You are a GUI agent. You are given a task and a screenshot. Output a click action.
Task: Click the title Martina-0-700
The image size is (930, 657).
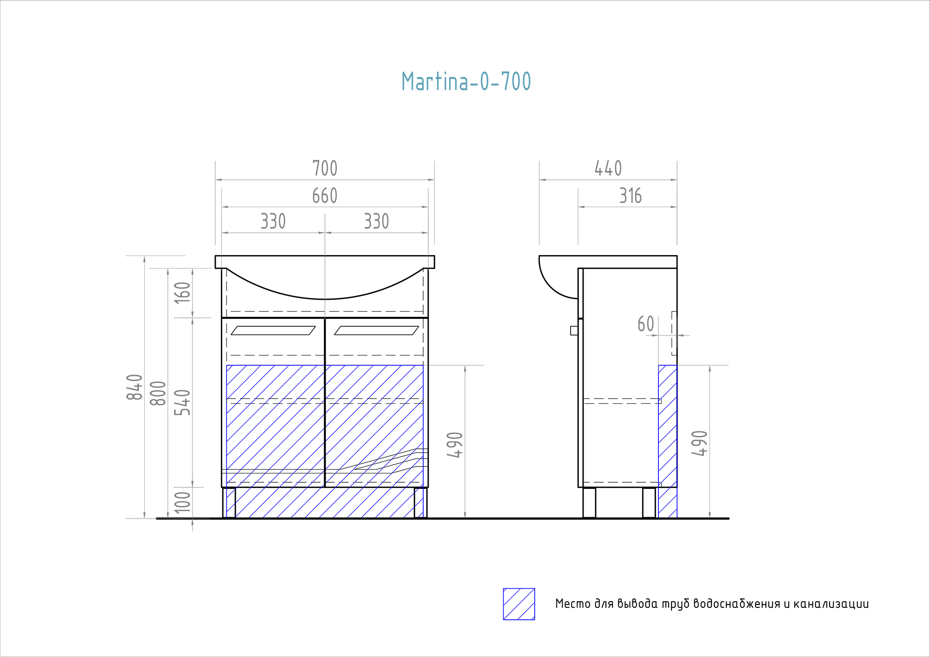(x=466, y=81)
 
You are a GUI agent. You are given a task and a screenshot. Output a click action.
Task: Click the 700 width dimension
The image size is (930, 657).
(x=325, y=168)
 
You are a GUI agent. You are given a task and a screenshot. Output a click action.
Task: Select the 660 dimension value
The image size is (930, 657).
(x=325, y=196)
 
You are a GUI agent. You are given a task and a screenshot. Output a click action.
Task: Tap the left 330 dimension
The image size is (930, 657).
(x=273, y=221)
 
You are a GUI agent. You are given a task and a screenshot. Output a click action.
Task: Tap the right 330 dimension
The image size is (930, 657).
(x=376, y=221)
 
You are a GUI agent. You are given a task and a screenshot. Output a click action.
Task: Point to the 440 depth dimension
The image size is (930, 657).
(x=608, y=168)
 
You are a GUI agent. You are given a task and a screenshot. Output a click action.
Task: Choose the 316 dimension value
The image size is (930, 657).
(x=631, y=196)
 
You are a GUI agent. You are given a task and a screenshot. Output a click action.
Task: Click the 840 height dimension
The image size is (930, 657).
(x=134, y=387)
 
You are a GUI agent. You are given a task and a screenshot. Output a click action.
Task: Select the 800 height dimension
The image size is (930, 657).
(x=158, y=393)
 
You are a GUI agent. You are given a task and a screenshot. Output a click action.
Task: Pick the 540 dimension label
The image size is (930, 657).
(x=182, y=402)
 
